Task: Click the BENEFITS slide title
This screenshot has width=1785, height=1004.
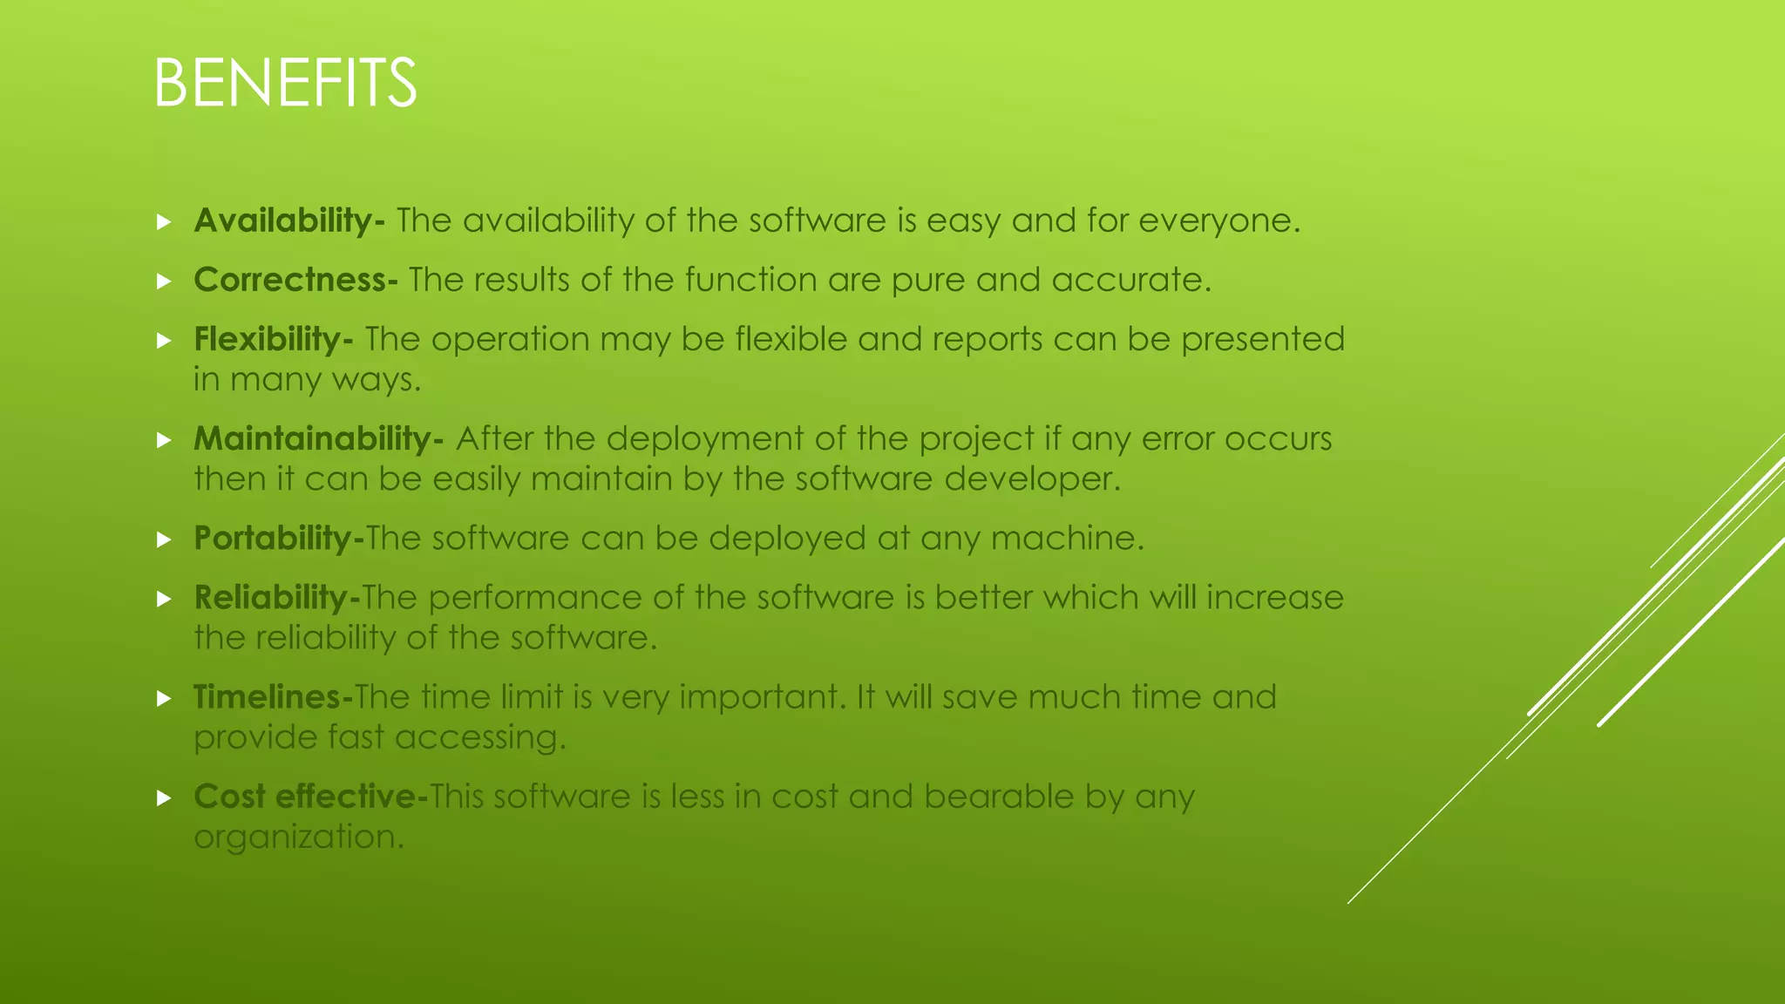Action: (x=285, y=84)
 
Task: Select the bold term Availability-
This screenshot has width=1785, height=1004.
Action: (x=288, y=220)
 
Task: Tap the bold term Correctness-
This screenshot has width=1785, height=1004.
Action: (x=295, y=280)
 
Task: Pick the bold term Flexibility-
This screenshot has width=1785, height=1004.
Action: (x=273, y=339)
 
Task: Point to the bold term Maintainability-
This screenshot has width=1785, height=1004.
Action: (x=318, y=438)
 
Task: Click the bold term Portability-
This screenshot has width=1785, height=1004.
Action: (x=279, y=538)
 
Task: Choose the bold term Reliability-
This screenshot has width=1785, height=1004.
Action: (x=276, y=597)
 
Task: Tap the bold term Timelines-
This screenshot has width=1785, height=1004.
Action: (x=273, y=696)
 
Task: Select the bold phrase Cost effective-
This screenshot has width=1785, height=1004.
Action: (x=310, y=796)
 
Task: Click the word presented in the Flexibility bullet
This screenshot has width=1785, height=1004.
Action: (x=1263, y=339)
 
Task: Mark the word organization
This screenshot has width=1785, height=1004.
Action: (x=299, y=837)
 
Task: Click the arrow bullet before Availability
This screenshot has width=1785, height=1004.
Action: (x=163, y=222)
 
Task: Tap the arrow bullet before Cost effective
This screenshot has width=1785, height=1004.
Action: (x=163, y=797)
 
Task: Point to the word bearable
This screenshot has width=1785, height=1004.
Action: (x=999, y=796)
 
